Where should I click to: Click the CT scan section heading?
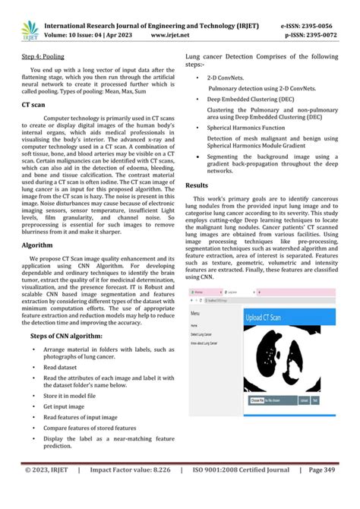point(35,110)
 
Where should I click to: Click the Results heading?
point(197,185)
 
